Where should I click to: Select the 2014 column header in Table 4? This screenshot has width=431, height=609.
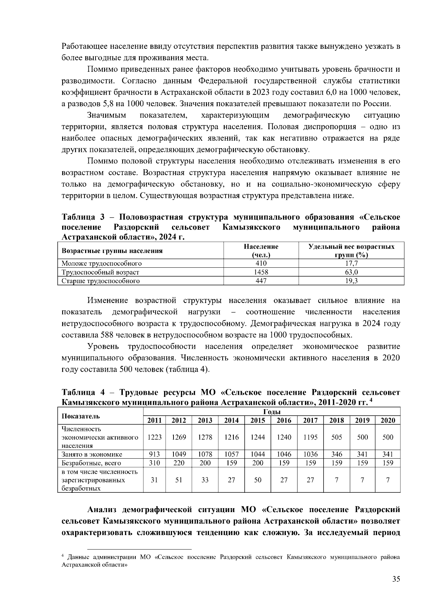click(x=231, y=420)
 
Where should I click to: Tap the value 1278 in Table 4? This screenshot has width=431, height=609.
click(x=205, y=437)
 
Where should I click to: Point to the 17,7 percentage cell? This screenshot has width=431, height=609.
click(x=351, y=263)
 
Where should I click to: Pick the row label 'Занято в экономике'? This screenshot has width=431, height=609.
click(x=92, y=454)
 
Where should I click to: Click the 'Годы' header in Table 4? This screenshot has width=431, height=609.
click(x=272, y=412)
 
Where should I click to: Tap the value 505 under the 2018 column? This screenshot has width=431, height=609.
click(x=337, y=437)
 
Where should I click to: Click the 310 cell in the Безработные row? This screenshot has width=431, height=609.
click(x=154, y=463)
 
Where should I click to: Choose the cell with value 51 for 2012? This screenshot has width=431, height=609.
click(x=179, y=480)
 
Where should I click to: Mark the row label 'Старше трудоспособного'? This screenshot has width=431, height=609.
click(x=101, y=281)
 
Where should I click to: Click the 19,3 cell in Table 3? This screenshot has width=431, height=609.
click(x=351, y=281)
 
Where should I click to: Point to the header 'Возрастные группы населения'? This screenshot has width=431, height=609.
click(x=112, y=251)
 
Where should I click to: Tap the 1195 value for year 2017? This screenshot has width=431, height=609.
click(x=310, y=437)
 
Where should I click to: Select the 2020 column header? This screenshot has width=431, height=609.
click(x=388, y=420)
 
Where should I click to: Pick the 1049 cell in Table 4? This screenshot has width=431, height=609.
click(x=179, y=454)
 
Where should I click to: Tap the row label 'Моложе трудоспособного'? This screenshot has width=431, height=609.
click(x=102, y=263)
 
